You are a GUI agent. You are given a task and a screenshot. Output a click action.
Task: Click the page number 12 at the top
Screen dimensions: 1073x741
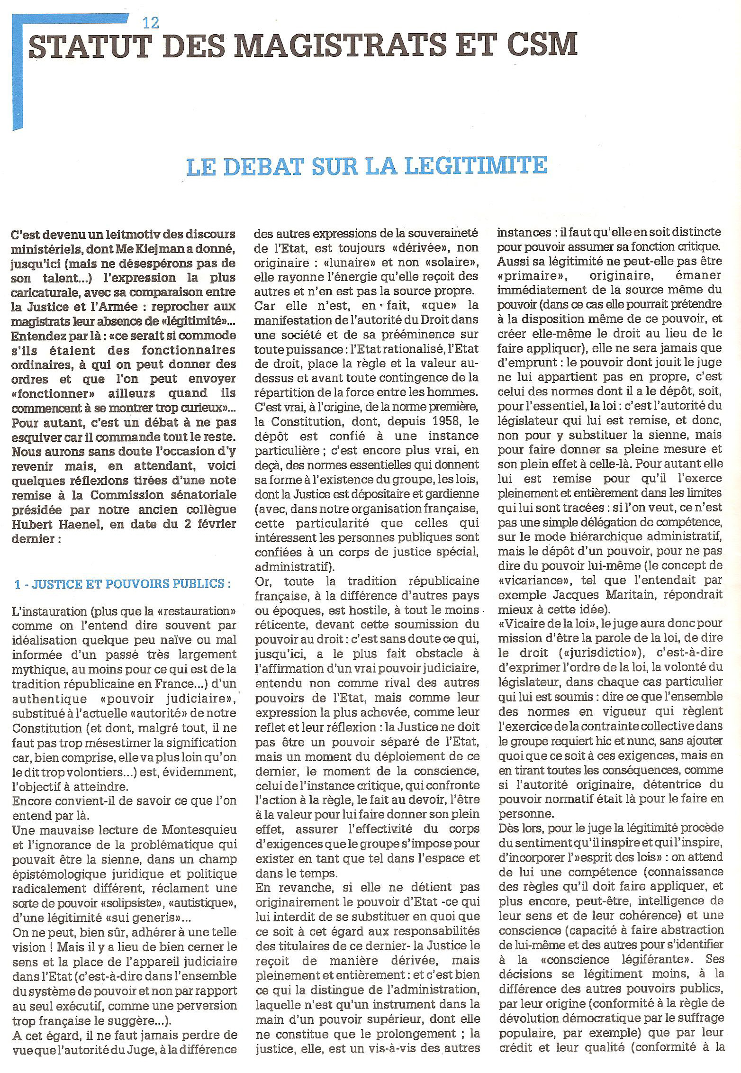click(151, 22)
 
